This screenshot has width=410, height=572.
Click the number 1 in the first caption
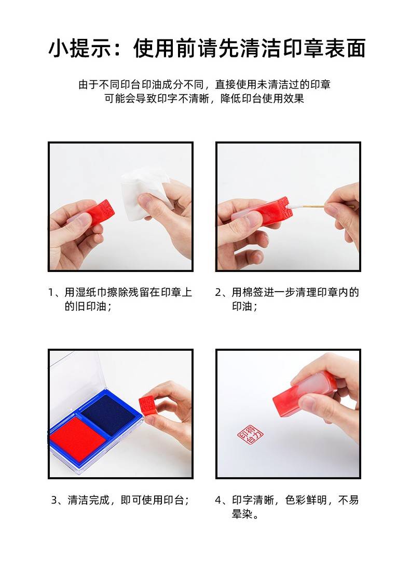click(x=51, y=293)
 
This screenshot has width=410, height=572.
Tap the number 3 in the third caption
click(x=54, y=500)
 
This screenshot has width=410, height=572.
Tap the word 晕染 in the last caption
click(x=242, y=514)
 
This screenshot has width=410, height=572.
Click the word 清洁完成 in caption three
click(x=88, y=500)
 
